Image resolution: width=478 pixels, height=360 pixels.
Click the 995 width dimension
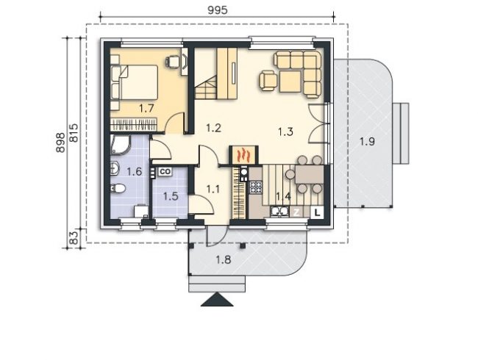point(218,10)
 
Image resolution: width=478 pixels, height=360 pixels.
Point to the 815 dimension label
point(74,133)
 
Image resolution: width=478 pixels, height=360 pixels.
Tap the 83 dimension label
point(74,237)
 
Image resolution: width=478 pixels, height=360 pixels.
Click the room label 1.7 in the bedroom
point(146,108)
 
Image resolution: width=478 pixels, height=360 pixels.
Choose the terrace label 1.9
point(367,141)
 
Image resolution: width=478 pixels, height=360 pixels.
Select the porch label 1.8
point(224,260)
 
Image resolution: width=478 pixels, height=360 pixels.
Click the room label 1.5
point(171,196)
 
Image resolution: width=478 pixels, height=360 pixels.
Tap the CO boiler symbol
point(165,171)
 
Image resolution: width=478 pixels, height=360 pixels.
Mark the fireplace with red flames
point(244,155)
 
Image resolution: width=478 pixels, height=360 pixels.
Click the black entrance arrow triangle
point(217,299)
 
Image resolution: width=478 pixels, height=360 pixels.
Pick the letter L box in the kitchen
point(318,212)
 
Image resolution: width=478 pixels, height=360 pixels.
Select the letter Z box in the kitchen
point(296,212)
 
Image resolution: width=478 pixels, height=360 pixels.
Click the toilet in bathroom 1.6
point(118,189)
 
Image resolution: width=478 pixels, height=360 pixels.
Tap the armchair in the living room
point(268,80)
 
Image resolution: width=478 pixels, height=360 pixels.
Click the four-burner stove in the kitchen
point(256,187)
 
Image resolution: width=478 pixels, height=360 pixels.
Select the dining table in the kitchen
point(309,174)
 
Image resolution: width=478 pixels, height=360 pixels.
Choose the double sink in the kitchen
point(279,211)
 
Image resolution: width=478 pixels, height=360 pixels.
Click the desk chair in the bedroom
point(173,62)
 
